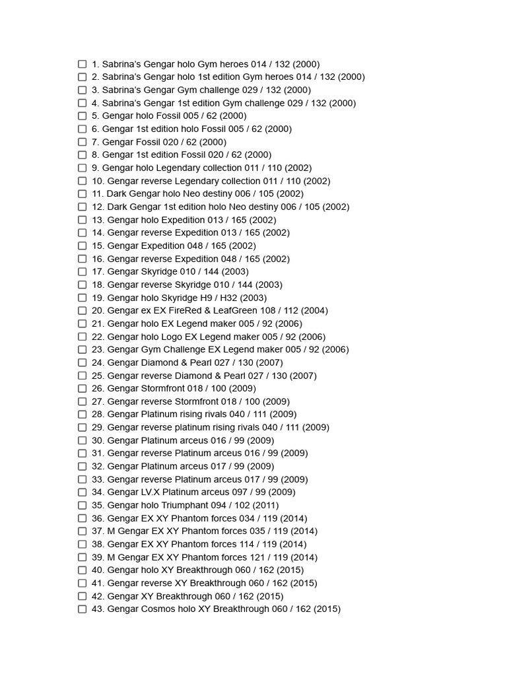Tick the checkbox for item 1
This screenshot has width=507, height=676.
point(83,64)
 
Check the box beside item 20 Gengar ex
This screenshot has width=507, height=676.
point(83,311)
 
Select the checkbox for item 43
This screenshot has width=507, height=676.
point(83,609)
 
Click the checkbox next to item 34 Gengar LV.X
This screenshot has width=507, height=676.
point(83,492)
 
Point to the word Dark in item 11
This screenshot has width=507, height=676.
point(116,193)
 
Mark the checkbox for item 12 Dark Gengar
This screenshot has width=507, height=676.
point(83,207)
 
